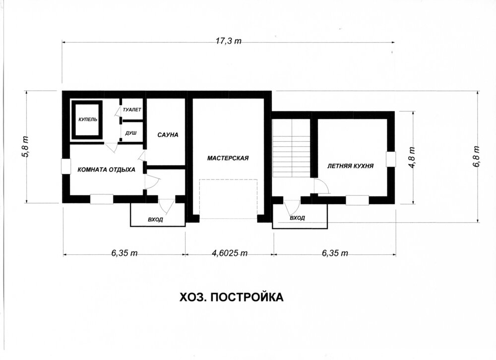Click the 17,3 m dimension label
coord(228,41)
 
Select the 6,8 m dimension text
coord(476,156)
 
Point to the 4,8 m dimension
coord(412,158)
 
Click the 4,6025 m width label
coord(229,253)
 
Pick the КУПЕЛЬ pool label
coord(88,120)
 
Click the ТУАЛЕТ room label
coord(132,110)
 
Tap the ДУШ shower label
coord(131,133)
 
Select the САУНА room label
coord(168,135)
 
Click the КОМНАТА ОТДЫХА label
coord(106,170)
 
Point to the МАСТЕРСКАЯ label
coord(228,158)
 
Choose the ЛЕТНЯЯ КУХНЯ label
coord(350,166)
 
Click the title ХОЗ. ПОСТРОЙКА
coord(232,298)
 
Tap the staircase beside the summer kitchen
coord(291,148)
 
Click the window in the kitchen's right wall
coord(391,159)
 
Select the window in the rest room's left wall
coord(66,166)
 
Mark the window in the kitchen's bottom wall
coord(357,200)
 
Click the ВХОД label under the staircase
coord(297,218)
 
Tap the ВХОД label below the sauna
coord(155,219)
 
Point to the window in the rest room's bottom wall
coord(102,199)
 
